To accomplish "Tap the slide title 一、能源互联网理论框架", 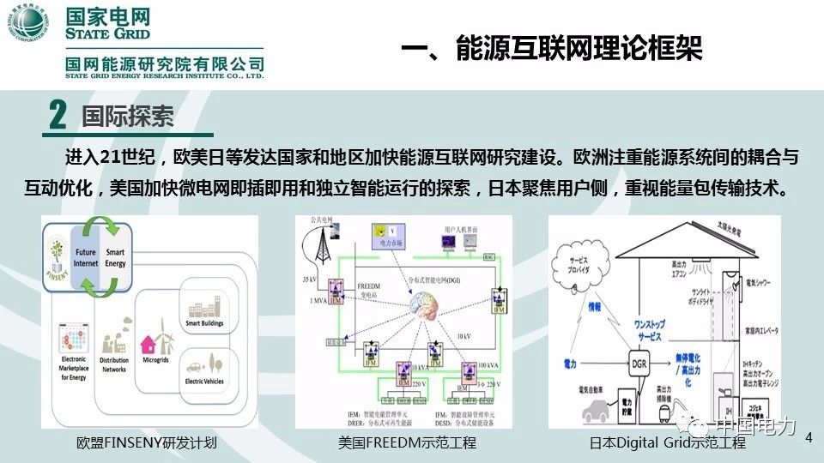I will (552, 49).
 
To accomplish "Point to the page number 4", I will (808, 438).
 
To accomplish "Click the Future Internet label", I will (85, 258).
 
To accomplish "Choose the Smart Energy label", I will (115, 258).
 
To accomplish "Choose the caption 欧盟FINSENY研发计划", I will (147, 444).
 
